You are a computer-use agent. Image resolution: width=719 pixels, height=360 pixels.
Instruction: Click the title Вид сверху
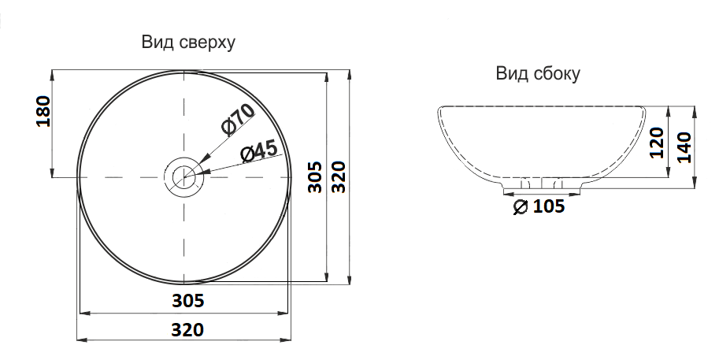(x=188, y=43)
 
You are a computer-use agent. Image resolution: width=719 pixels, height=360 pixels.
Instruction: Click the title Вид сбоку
(x=538, y=74)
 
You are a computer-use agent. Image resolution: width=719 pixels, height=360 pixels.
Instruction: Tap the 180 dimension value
(x=43, y=111)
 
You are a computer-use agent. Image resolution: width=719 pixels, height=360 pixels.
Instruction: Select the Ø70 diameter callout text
(x=239, y=119)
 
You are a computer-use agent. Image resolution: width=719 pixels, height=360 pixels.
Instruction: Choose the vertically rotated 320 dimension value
(x=338, y=178)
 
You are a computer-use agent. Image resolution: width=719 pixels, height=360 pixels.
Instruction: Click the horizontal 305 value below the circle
(x=188, y=300)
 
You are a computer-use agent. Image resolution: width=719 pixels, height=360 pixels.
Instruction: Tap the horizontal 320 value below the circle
(x=188, y=328)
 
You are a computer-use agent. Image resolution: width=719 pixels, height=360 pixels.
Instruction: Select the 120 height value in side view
(x=658, y=144)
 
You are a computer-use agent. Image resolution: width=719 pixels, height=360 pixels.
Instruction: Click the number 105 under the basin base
(x=548, y=207)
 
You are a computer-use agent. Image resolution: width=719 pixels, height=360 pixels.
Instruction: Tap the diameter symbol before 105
(x=520, y=207)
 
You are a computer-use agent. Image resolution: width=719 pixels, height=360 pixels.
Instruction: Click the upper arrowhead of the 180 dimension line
(x=52, y=74)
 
